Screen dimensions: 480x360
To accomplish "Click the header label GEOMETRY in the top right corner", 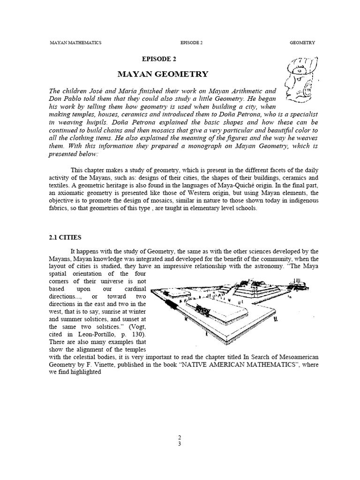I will point(302,43).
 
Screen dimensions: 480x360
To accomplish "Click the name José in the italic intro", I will point(109,91).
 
